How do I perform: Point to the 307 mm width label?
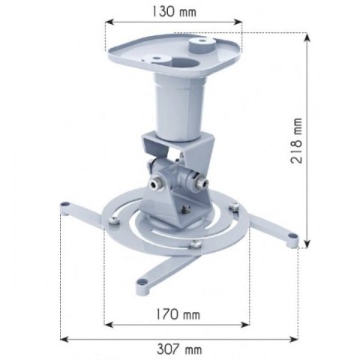(x=181, y=349)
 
